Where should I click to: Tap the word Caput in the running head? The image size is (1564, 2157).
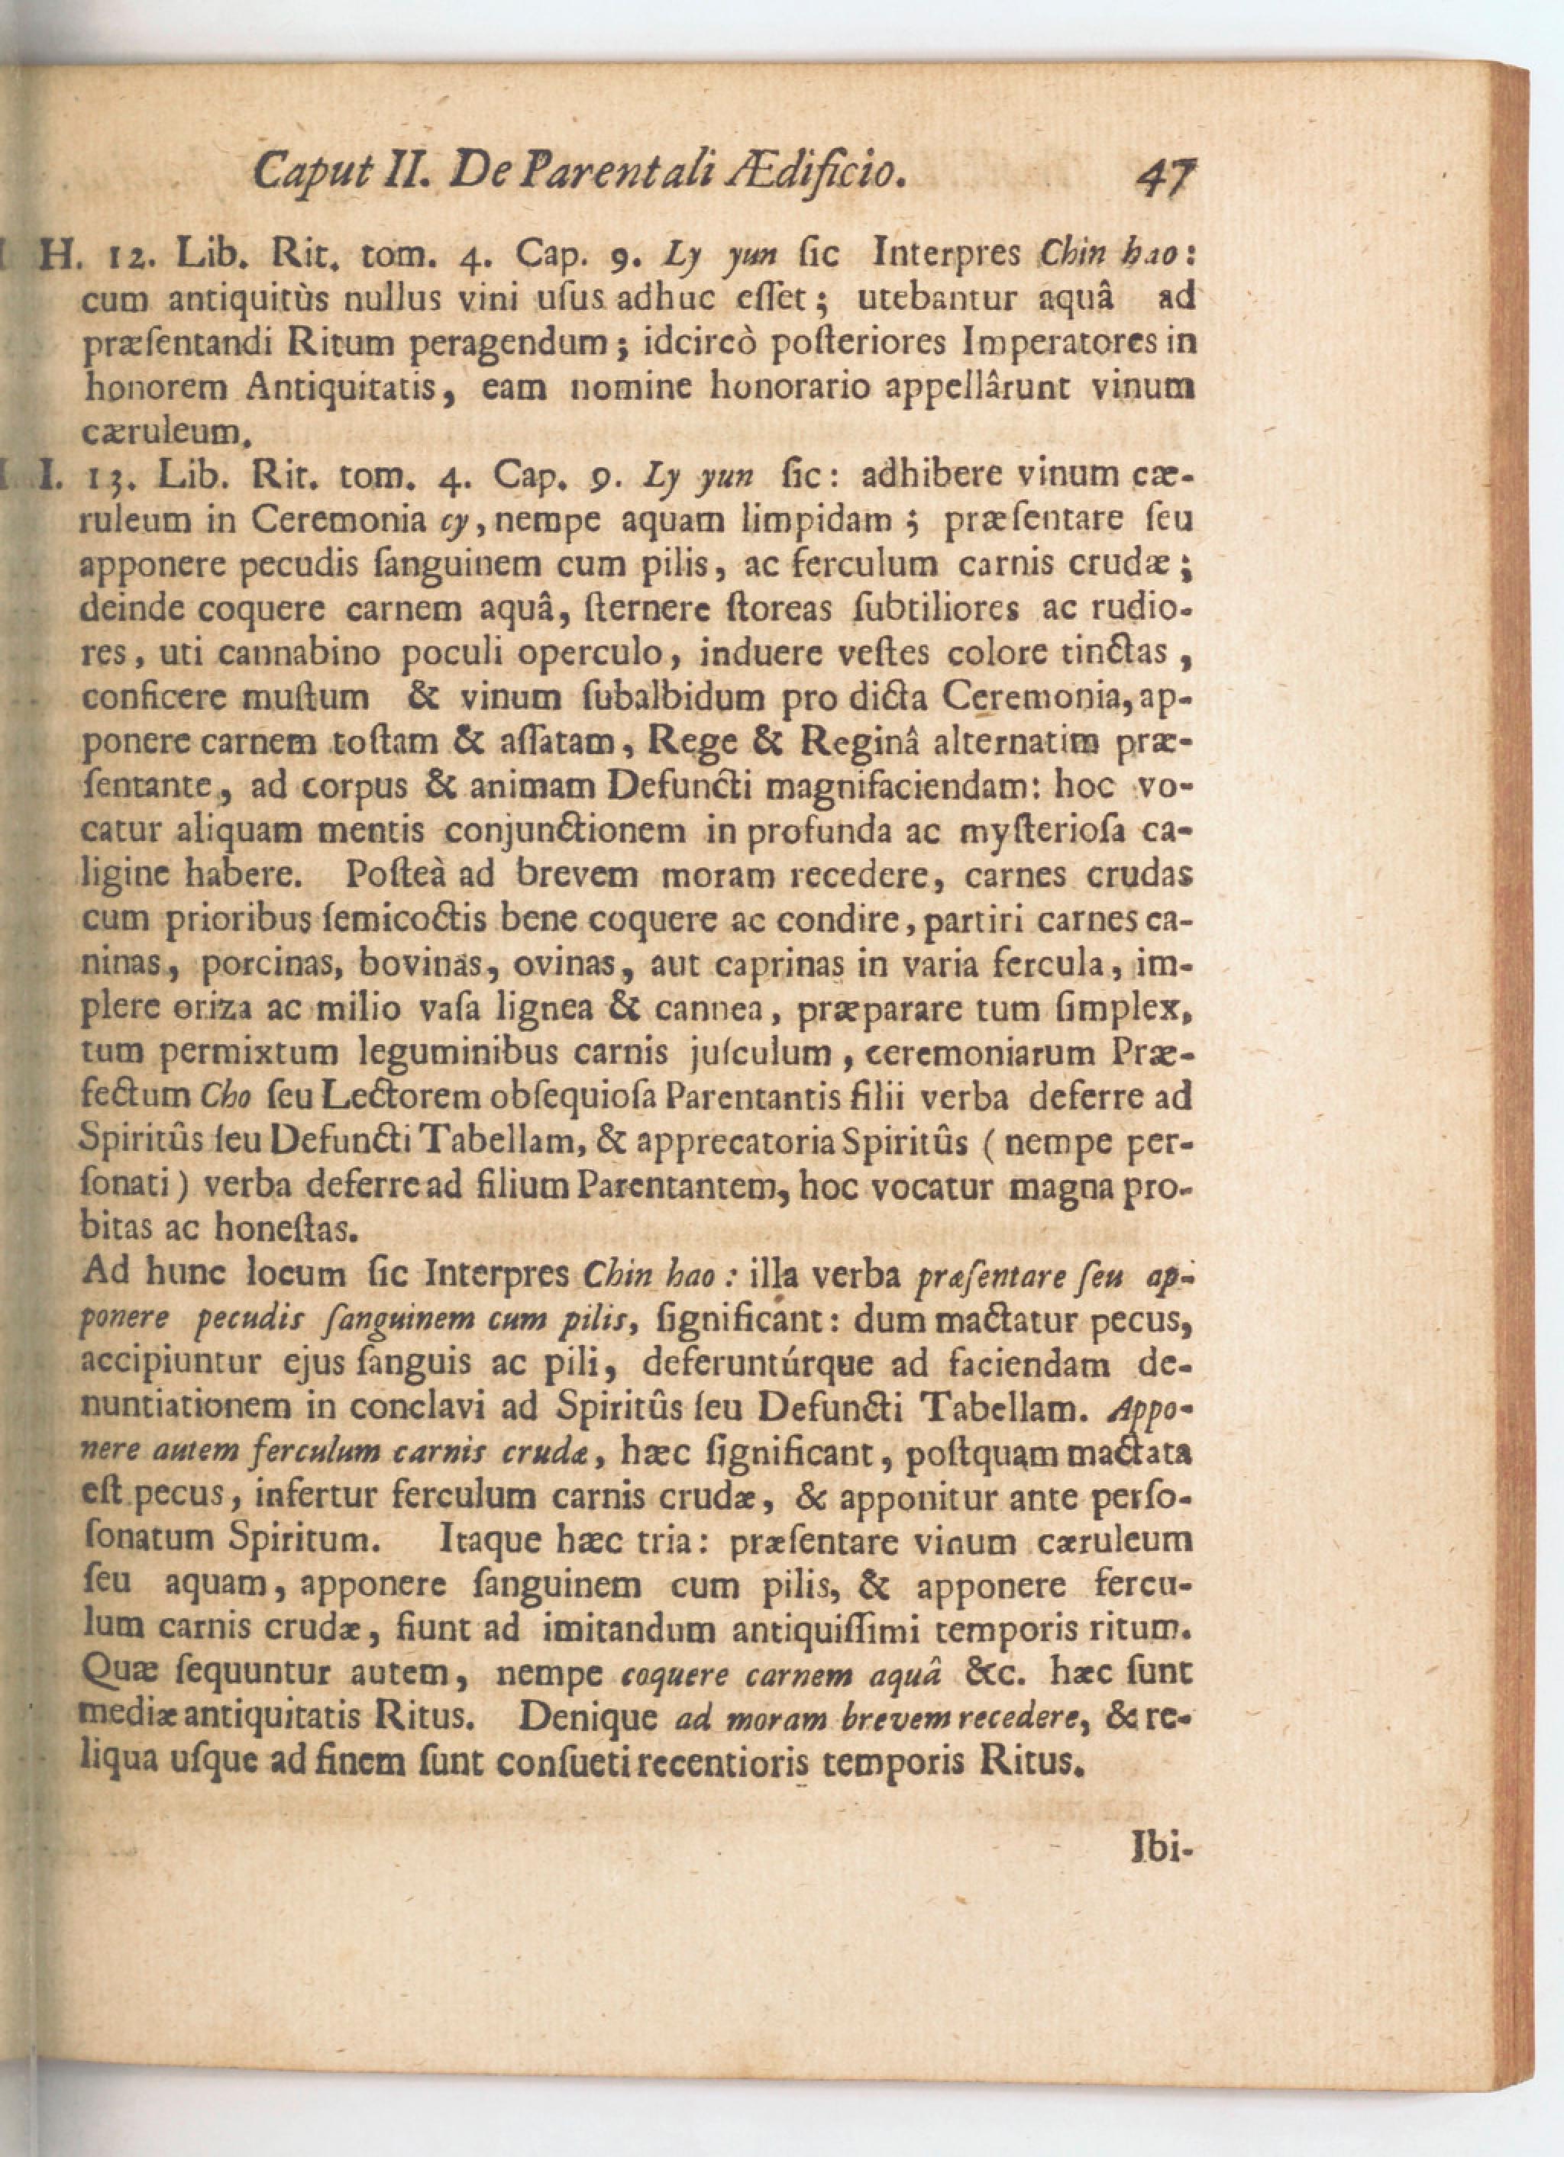point(305,172)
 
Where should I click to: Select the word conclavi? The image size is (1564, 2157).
point(461,1407)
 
